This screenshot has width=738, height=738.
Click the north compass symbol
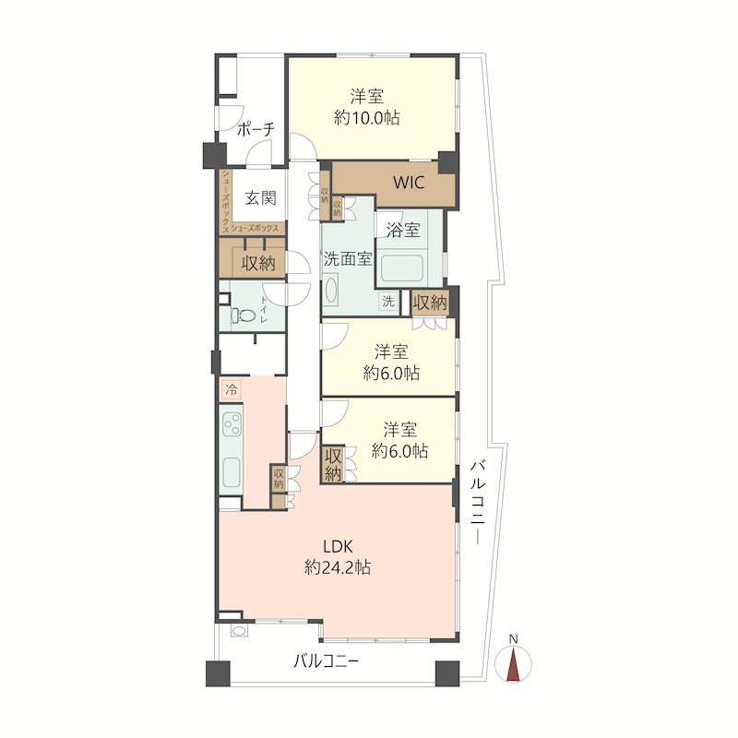pos(513,663)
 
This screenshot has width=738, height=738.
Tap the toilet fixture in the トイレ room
pos(242,315)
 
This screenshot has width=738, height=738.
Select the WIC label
pos(409,182)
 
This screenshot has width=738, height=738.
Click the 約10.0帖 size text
pos(367,117)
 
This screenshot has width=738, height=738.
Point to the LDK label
pos(338,546)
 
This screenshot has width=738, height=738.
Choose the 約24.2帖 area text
pos(338,567)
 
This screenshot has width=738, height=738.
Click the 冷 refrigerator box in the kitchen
pos(232,389)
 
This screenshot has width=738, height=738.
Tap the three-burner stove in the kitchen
pos(232,425)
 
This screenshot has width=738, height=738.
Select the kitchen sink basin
pos(232,472)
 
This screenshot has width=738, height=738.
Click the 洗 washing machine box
pos(388,302)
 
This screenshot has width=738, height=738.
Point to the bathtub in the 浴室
pos(401,268)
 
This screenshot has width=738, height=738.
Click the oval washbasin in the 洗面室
pos(330,291)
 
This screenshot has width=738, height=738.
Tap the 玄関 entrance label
pos(260,198)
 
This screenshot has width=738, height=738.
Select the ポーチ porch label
pos(256,129)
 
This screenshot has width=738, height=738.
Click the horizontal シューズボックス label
pos(255,229)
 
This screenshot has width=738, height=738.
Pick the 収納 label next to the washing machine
pos(430,303)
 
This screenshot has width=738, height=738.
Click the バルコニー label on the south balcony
pos(327,661)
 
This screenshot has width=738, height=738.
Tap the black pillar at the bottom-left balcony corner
pos(218,673)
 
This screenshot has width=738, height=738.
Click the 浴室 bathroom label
pos(403,230)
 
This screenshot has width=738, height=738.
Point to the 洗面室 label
pos(348,259)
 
